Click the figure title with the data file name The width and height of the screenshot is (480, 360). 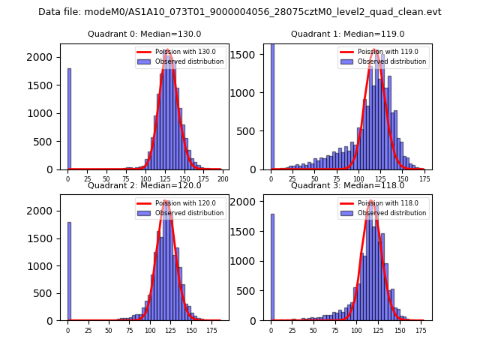(240, 12)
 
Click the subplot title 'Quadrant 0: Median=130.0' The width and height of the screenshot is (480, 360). (144, 34)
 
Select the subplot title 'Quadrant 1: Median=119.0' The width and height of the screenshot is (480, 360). (347, 34)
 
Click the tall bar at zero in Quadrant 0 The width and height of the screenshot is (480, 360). (69, 120)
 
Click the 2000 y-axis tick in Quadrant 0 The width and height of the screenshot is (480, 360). (42, 57)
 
